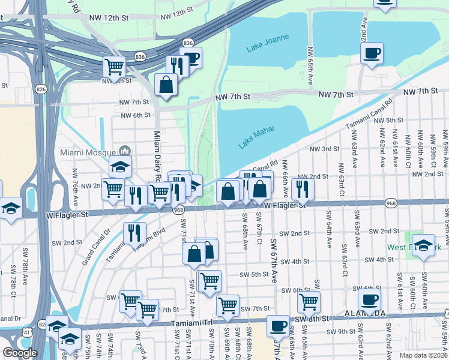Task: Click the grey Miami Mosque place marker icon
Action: [x=125, y=151]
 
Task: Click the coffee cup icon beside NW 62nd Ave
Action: [x=372, y=53]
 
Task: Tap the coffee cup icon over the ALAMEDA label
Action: [x=369, y=299]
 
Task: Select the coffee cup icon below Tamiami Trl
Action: [x=277, y=326]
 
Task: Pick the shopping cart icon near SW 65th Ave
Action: [x=309, y=301]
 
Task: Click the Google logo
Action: [x=20, y=353]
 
